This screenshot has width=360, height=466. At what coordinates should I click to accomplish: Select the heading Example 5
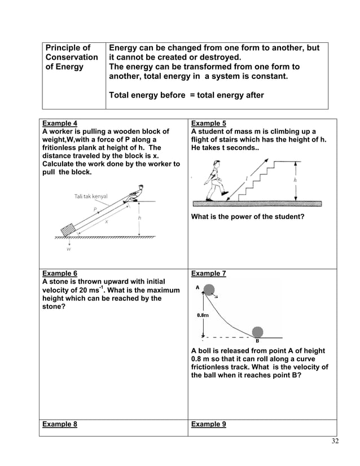pyautogui.click(x=209, y=122)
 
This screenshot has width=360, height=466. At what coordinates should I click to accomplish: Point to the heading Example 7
pyautogui.click(x=209, y=274)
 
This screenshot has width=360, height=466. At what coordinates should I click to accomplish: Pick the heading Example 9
pyautogui.click(x=209, y=425)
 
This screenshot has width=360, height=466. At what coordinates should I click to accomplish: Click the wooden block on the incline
pyautogui.click(x=69, y=231)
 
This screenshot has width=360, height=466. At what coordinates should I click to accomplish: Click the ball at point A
pyautogui.click(x=209, y=291)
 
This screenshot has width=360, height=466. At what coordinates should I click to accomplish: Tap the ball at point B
pyautogui.click(x=257, y=332)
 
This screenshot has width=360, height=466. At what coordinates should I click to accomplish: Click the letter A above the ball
pyautogui.click(x=197, y=287)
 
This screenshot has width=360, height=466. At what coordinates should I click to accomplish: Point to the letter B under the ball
pyautogui.click(x=257, y=341)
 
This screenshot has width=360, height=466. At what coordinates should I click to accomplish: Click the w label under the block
pyautogui.click(x=69, y=247)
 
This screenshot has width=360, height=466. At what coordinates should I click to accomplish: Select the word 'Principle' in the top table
pyautogui.click(x=67, y=49)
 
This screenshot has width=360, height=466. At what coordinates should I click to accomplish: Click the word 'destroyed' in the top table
pyautogui.click(x=221, y=58)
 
